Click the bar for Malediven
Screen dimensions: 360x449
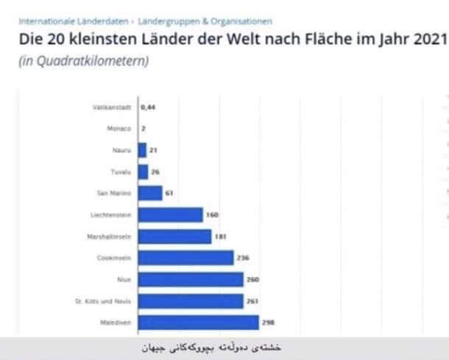[x=199, y=322]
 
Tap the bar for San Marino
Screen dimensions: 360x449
[x=150, y=193]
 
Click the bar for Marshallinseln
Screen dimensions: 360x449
[x=174, y=236]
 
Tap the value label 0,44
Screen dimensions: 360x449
[x=149, y=107]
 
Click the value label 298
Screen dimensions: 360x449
[x=268, y=322]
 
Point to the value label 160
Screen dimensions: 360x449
[x=212, y=215]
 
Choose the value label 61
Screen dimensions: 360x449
[x=169, y=193]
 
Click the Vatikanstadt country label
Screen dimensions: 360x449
[x=113, y=107]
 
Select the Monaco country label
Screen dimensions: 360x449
[x=119, y=129]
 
